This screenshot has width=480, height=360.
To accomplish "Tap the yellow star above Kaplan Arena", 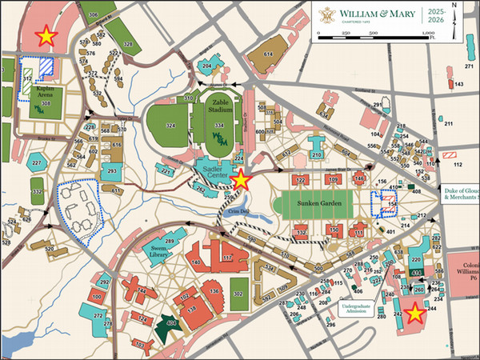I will [x=47, y=35].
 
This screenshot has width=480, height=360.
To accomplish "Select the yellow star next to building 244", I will [x=414, y=314].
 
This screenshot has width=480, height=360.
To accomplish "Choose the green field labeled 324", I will [x=169, y=126].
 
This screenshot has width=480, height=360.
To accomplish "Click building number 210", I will [x=316, y=154].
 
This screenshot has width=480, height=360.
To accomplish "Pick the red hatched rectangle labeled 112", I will [x=451, y=152].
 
